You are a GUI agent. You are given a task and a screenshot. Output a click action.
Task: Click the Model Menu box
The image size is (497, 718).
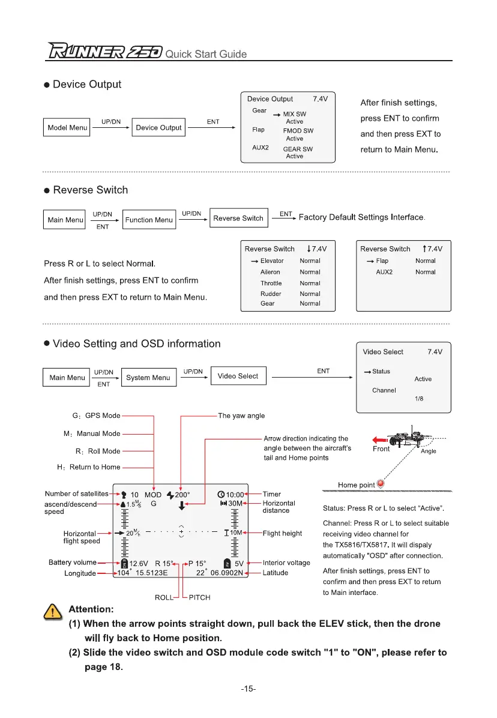click(67, 127)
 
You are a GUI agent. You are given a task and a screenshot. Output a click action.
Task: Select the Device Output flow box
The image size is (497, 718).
click(158, 127)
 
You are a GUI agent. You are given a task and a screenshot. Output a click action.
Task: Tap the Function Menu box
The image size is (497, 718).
click(148, 220)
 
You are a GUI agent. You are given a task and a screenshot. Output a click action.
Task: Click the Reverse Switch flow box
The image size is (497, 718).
click(238, 218)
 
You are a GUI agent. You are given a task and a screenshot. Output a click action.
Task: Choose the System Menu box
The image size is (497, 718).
click(148, 378)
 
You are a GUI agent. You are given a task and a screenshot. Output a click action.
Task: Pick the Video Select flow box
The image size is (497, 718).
click(238, 376)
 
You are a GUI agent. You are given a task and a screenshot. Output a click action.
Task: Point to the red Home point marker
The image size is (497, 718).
click(380, 484)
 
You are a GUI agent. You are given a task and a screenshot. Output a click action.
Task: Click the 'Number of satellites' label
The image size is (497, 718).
click(77, 494)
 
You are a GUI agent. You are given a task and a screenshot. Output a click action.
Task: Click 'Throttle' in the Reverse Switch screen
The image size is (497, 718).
click(271, 283)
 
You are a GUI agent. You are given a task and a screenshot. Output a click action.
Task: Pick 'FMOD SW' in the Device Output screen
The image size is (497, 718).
click(298, 131)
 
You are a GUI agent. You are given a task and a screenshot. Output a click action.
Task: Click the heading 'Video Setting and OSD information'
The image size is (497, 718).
click(137, 344)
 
